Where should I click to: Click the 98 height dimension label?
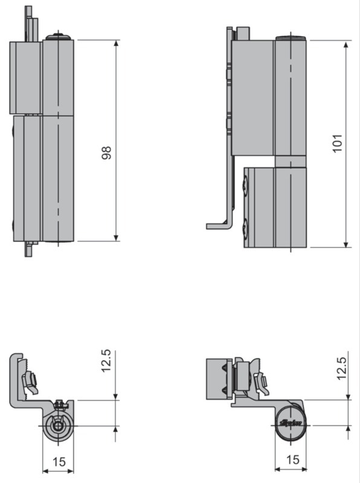click(107, 152)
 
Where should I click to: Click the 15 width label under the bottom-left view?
click(59, 462)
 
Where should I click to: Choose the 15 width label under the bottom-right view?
click(292, 459)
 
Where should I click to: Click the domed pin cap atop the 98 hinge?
click(58, 37)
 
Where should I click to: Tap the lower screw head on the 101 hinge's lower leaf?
click(245, 229)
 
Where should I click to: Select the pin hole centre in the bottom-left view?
click(57, 425)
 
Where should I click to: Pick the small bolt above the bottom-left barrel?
click(59, 404)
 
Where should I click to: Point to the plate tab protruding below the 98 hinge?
click(28, 249)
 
